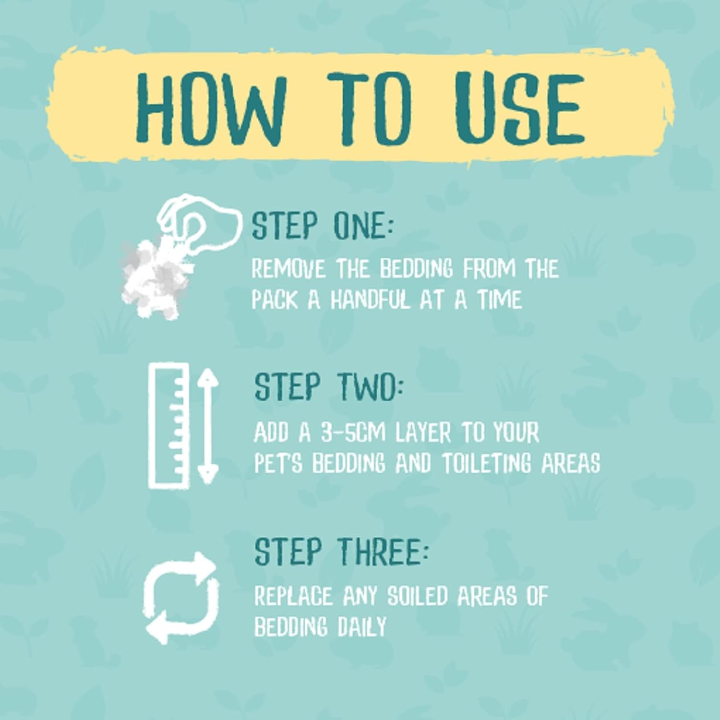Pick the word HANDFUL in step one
click(x=371, y=300)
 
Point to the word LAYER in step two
click(x=423, y=433)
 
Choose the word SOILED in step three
click(x=418, y=596)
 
